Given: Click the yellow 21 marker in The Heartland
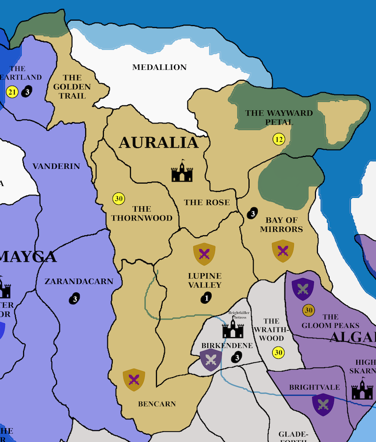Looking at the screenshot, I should (x=12, y=92).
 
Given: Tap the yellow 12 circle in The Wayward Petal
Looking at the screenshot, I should (x=279, y=139).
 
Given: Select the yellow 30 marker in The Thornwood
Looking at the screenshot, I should (x=119, y=199).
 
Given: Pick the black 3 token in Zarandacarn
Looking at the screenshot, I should (x=75, y=298).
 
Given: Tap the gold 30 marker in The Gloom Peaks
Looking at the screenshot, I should (x=309, y=310).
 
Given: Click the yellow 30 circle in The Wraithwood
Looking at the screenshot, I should (x=279, y=352).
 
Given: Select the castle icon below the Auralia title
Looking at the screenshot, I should (x=182, y=171).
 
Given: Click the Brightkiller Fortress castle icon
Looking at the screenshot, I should (x=233, y=328).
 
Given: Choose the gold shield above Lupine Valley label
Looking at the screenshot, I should (x=204, y=254).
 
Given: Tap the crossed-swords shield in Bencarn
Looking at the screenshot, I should (x=134, y=379).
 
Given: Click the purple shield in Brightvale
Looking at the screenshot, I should (x=323, y=405).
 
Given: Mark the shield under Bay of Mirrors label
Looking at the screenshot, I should (x=282, y=251).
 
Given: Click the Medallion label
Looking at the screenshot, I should (x=159, y=67).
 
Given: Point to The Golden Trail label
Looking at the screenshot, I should (x=72, y=87).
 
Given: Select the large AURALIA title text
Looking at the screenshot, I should (x=158, y=143).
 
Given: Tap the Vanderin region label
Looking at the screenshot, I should (x=56, y=166).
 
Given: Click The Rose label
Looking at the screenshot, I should (x=207, y=202).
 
